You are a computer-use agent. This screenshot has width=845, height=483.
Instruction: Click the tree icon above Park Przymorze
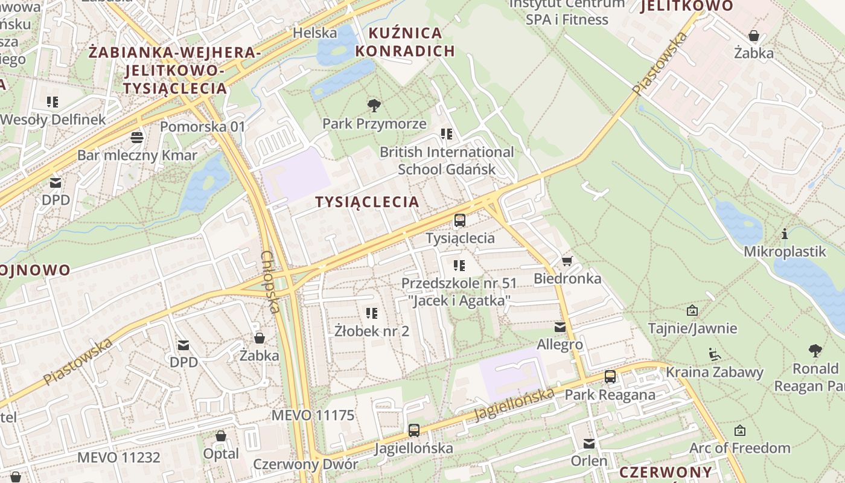(374, 106)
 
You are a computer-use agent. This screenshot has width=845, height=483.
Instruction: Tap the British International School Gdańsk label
(447, 161)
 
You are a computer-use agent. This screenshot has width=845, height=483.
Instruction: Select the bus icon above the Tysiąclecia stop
(460, 220)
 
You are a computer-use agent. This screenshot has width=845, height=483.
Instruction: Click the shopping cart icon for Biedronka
(567, 261)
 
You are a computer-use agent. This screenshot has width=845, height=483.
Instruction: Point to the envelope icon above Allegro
(560, 327)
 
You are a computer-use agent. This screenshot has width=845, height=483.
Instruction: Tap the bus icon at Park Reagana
(610, 377)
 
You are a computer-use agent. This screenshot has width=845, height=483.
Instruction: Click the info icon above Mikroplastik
(784, 234)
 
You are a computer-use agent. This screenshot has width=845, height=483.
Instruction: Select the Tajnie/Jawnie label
(692, 328)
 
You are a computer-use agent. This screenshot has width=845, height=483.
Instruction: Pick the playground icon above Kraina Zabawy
(714, 354)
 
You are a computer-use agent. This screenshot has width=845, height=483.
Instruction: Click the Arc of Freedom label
(739, 448)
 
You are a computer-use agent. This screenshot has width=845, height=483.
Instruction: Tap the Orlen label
(589, 461)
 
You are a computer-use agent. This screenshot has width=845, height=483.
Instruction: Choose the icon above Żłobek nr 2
(372, 313)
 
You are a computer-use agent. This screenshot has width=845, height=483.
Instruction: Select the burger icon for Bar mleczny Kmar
(137, 138)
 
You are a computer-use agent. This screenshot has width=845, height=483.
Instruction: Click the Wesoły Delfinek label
(53, 120)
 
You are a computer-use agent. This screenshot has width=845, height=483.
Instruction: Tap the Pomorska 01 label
(203, 127)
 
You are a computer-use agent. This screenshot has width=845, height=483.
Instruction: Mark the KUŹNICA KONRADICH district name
(404, 42)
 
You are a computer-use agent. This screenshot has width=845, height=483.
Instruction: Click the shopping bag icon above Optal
(221, 436)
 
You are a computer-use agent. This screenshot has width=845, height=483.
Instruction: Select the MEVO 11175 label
(313, 415)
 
